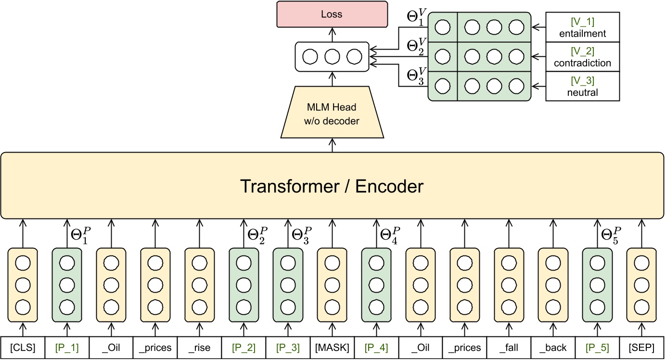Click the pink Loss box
coord(332,14)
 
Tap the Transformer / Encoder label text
coord(332,185)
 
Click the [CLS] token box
coord(23,348)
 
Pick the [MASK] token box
coord(332,348)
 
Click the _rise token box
coord(199,348)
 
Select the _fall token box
coord(509,348)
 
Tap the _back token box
coord(553,348)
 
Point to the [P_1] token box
coord(67,348)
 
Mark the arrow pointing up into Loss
coord(332,34)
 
